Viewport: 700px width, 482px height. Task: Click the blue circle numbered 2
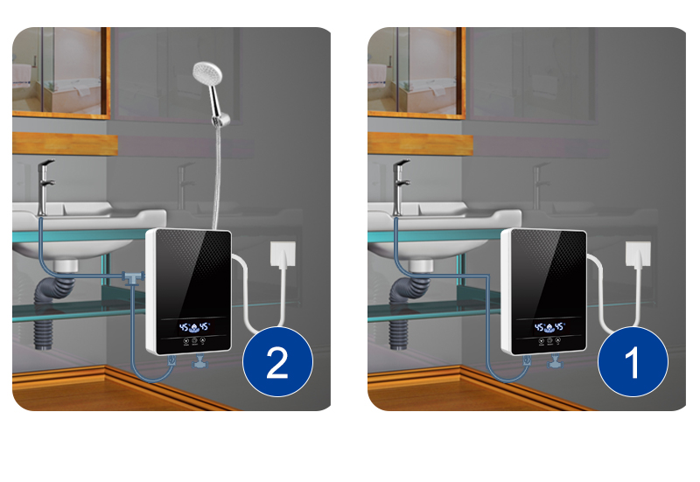[276, 362]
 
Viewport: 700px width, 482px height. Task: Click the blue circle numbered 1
[632, 362]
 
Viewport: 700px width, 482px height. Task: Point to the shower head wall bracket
[221, 116]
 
